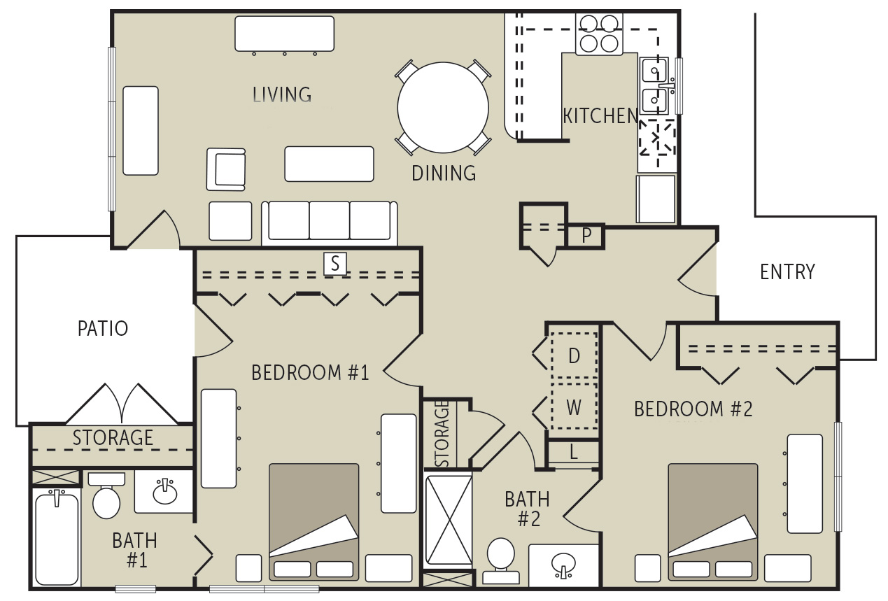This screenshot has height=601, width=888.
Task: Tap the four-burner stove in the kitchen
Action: coord(600,34)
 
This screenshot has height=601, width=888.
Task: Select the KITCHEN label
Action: coord(600,116)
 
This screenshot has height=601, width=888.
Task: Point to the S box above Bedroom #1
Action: coord(335,264)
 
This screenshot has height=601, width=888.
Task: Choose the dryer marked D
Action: coord(574,356)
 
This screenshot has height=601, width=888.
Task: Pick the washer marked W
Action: coord(574,407)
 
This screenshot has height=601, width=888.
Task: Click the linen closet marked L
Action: coord(573,453)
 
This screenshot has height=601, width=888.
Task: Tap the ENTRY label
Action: coord(787,271)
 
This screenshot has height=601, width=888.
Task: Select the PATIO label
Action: coord(103,328)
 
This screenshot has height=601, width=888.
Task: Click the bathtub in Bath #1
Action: coord(57,537)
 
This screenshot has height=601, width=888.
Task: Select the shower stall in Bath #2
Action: coord(448,521)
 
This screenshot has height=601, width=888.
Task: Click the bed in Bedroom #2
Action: coord(712,521)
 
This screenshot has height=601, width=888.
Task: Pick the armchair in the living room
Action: coord(226,169)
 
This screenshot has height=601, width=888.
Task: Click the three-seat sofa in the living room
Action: coord(329,222)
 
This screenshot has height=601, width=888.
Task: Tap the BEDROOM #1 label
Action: coord(309,373)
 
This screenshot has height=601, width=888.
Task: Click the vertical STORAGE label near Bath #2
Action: coord(442,434)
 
